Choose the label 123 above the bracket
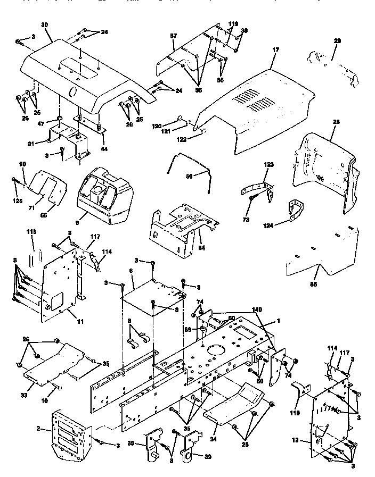coord(268,166)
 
